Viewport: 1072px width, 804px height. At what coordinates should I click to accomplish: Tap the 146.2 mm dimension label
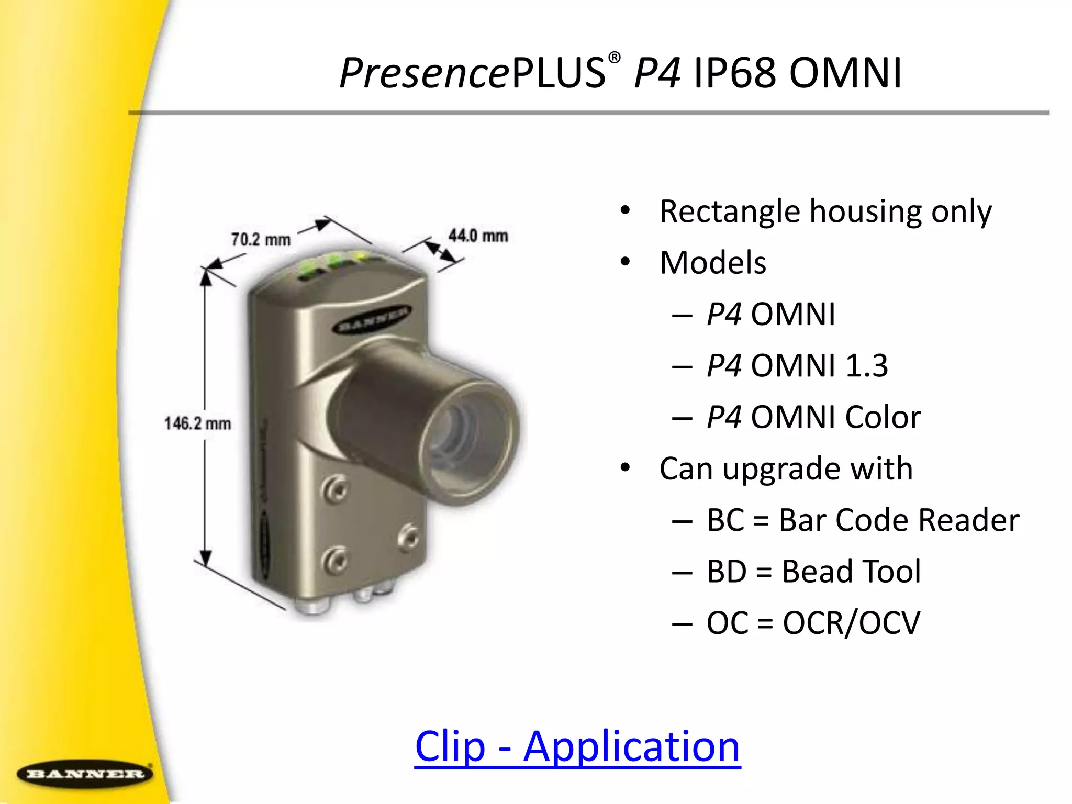197,423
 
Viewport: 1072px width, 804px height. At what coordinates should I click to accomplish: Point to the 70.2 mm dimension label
261,239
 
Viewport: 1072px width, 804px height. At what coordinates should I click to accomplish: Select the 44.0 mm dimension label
478,236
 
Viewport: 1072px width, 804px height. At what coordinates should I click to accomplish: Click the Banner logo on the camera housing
372,319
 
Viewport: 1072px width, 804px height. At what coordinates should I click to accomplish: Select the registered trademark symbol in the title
615,58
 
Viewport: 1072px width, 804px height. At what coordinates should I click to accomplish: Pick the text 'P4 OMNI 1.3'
797,365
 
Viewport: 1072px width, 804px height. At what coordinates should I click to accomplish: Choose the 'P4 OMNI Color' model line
813,417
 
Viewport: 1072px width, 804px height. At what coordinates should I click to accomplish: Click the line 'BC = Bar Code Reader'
863,520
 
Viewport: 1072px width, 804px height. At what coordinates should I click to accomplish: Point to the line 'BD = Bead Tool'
813,571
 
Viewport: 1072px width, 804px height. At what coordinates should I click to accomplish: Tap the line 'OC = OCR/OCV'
813,622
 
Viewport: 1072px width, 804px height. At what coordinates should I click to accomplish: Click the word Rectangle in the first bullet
730,211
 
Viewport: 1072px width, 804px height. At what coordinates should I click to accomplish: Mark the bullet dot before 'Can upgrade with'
625,467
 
